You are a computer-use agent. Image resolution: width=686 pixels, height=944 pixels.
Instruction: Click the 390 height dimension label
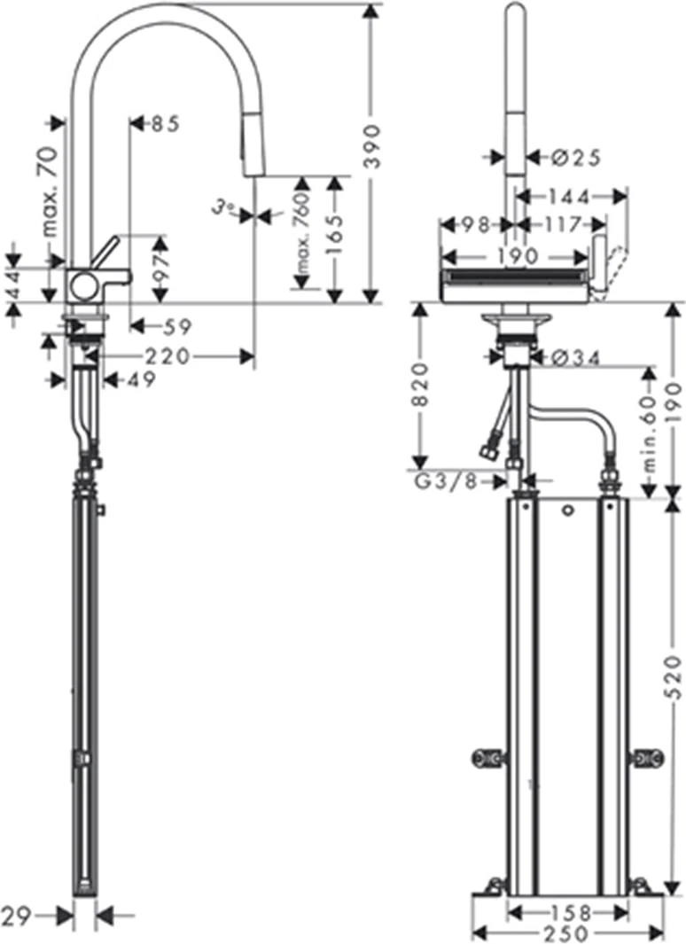[374, 146]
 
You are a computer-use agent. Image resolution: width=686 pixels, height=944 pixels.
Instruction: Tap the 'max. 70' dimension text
[51, 191]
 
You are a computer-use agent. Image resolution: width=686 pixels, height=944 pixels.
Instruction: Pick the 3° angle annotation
[223, 208]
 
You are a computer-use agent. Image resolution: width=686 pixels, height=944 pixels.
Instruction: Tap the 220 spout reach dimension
[167, 356]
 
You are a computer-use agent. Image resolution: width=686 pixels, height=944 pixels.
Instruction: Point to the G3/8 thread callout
[446, 481]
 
